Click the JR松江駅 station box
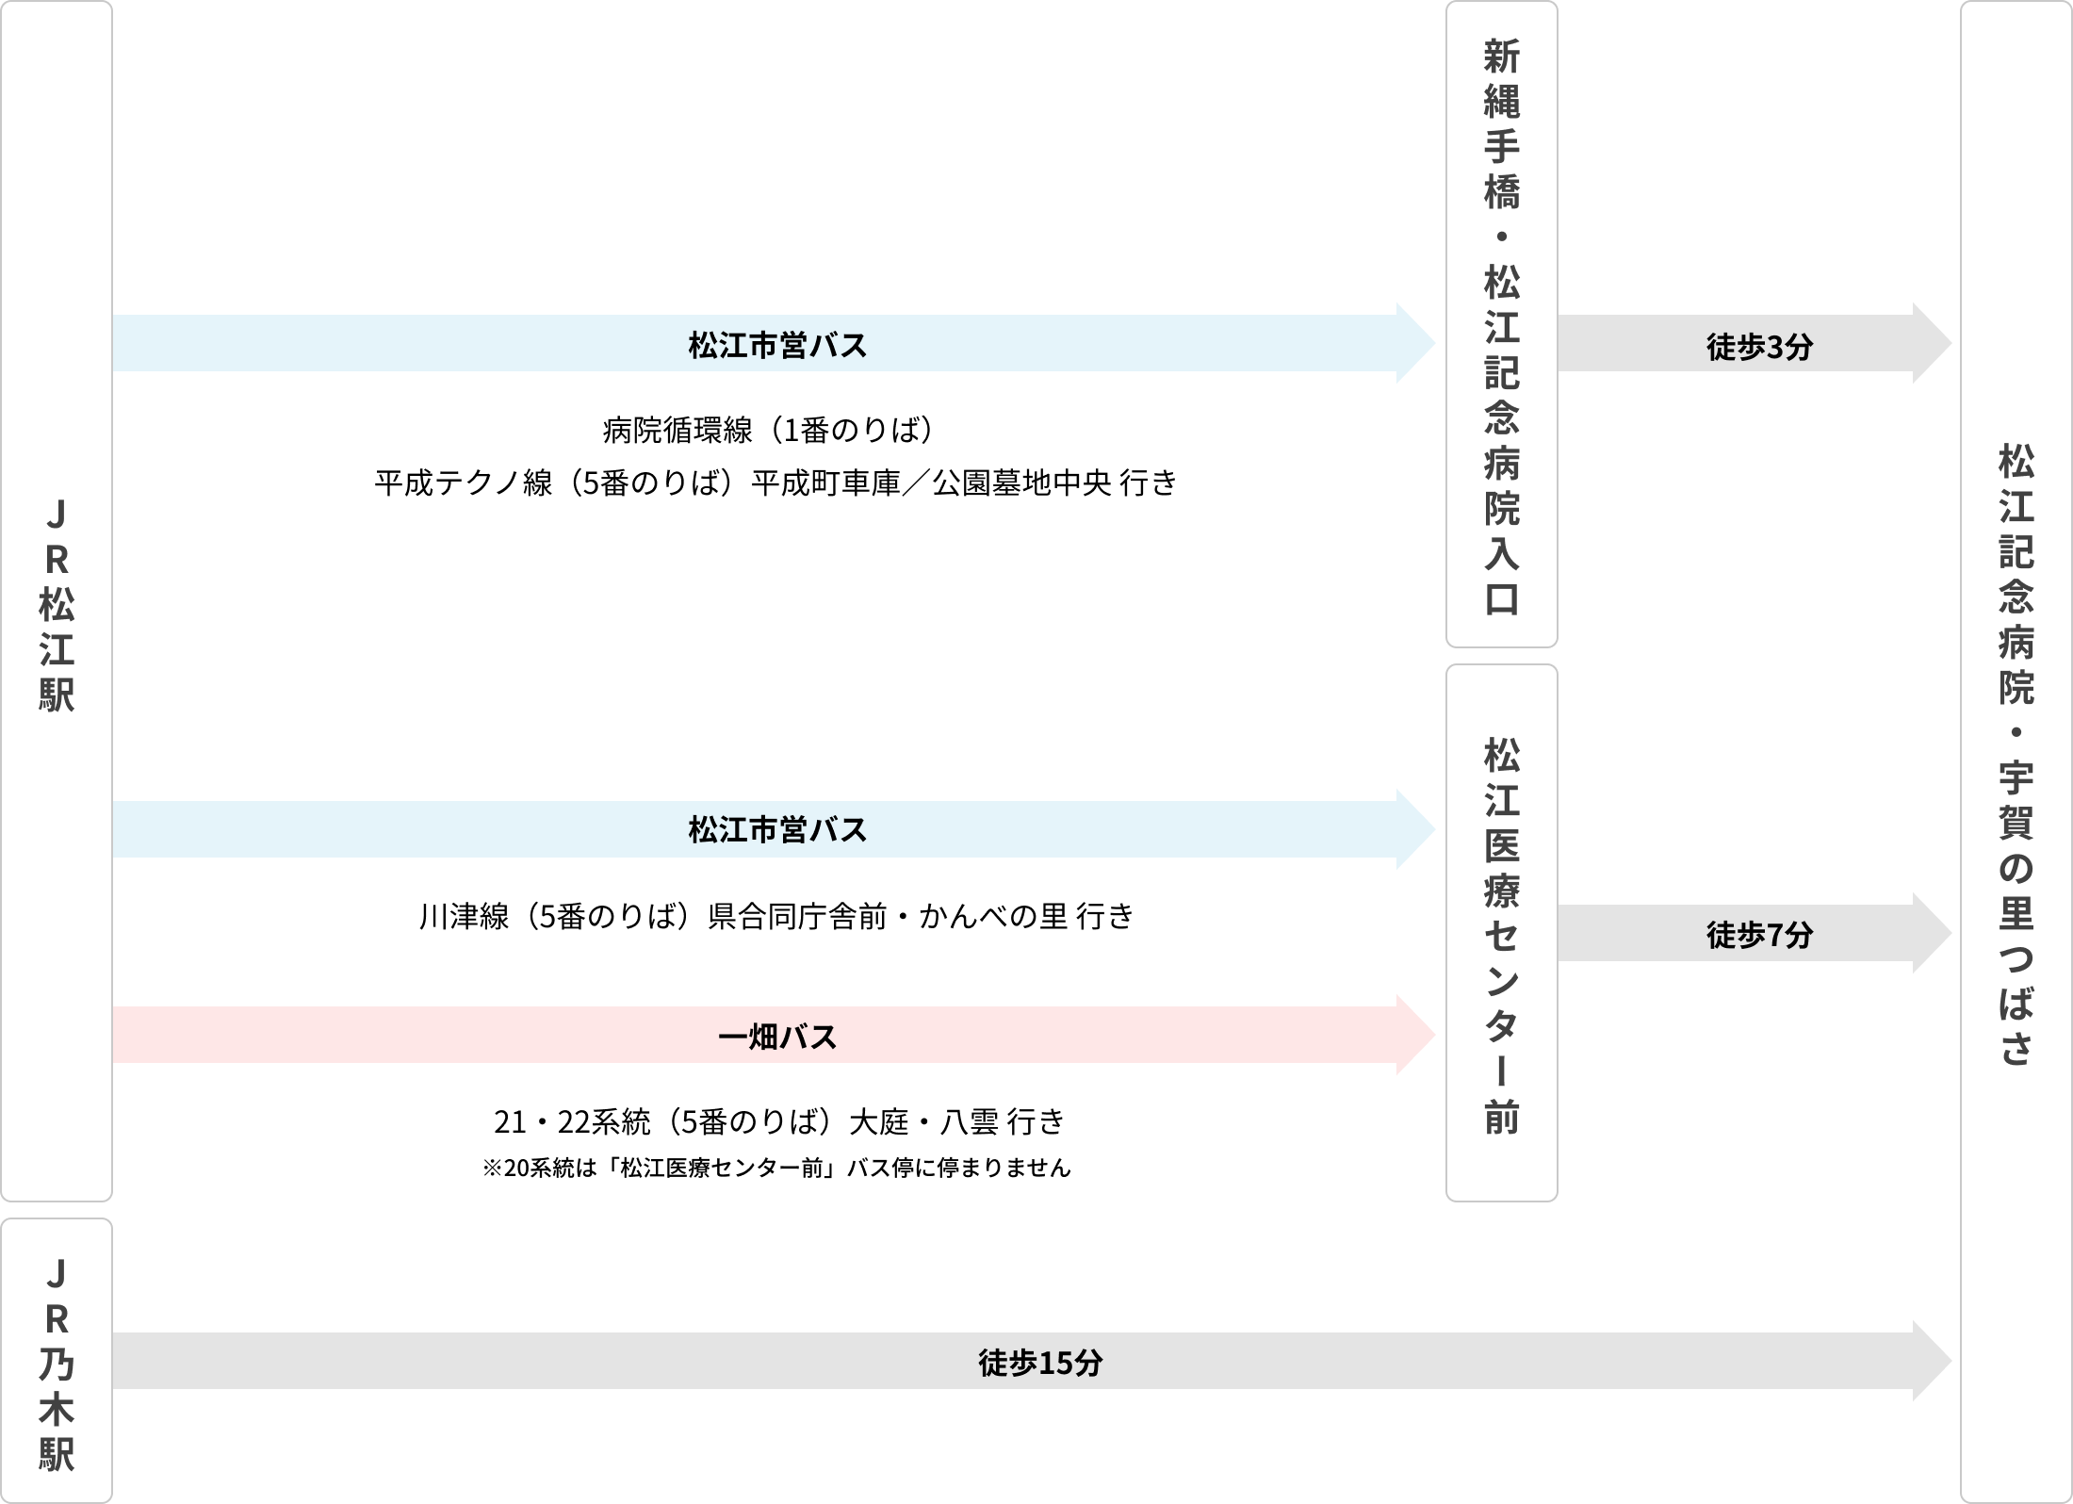click(57, 603)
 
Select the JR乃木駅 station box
click(57, 1361)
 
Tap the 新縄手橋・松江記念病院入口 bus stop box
click(1501, 325)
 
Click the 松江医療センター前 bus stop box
click(1501, 933)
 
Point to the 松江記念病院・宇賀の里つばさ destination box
click(2016, 754)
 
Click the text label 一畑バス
click(777, 1038)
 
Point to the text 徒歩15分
click(1039, 1363)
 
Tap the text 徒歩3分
click(1759, 347)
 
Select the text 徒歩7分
click(1759, 935)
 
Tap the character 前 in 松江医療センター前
click(1502, 1118)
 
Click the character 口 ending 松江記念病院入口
click(1502, 599)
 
